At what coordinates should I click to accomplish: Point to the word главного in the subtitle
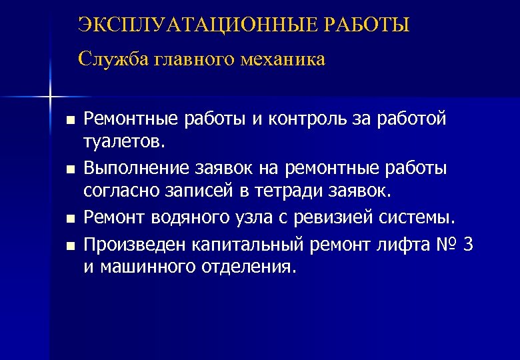[x=193, y=59]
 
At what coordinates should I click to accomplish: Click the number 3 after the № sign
[x=468, y=245]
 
